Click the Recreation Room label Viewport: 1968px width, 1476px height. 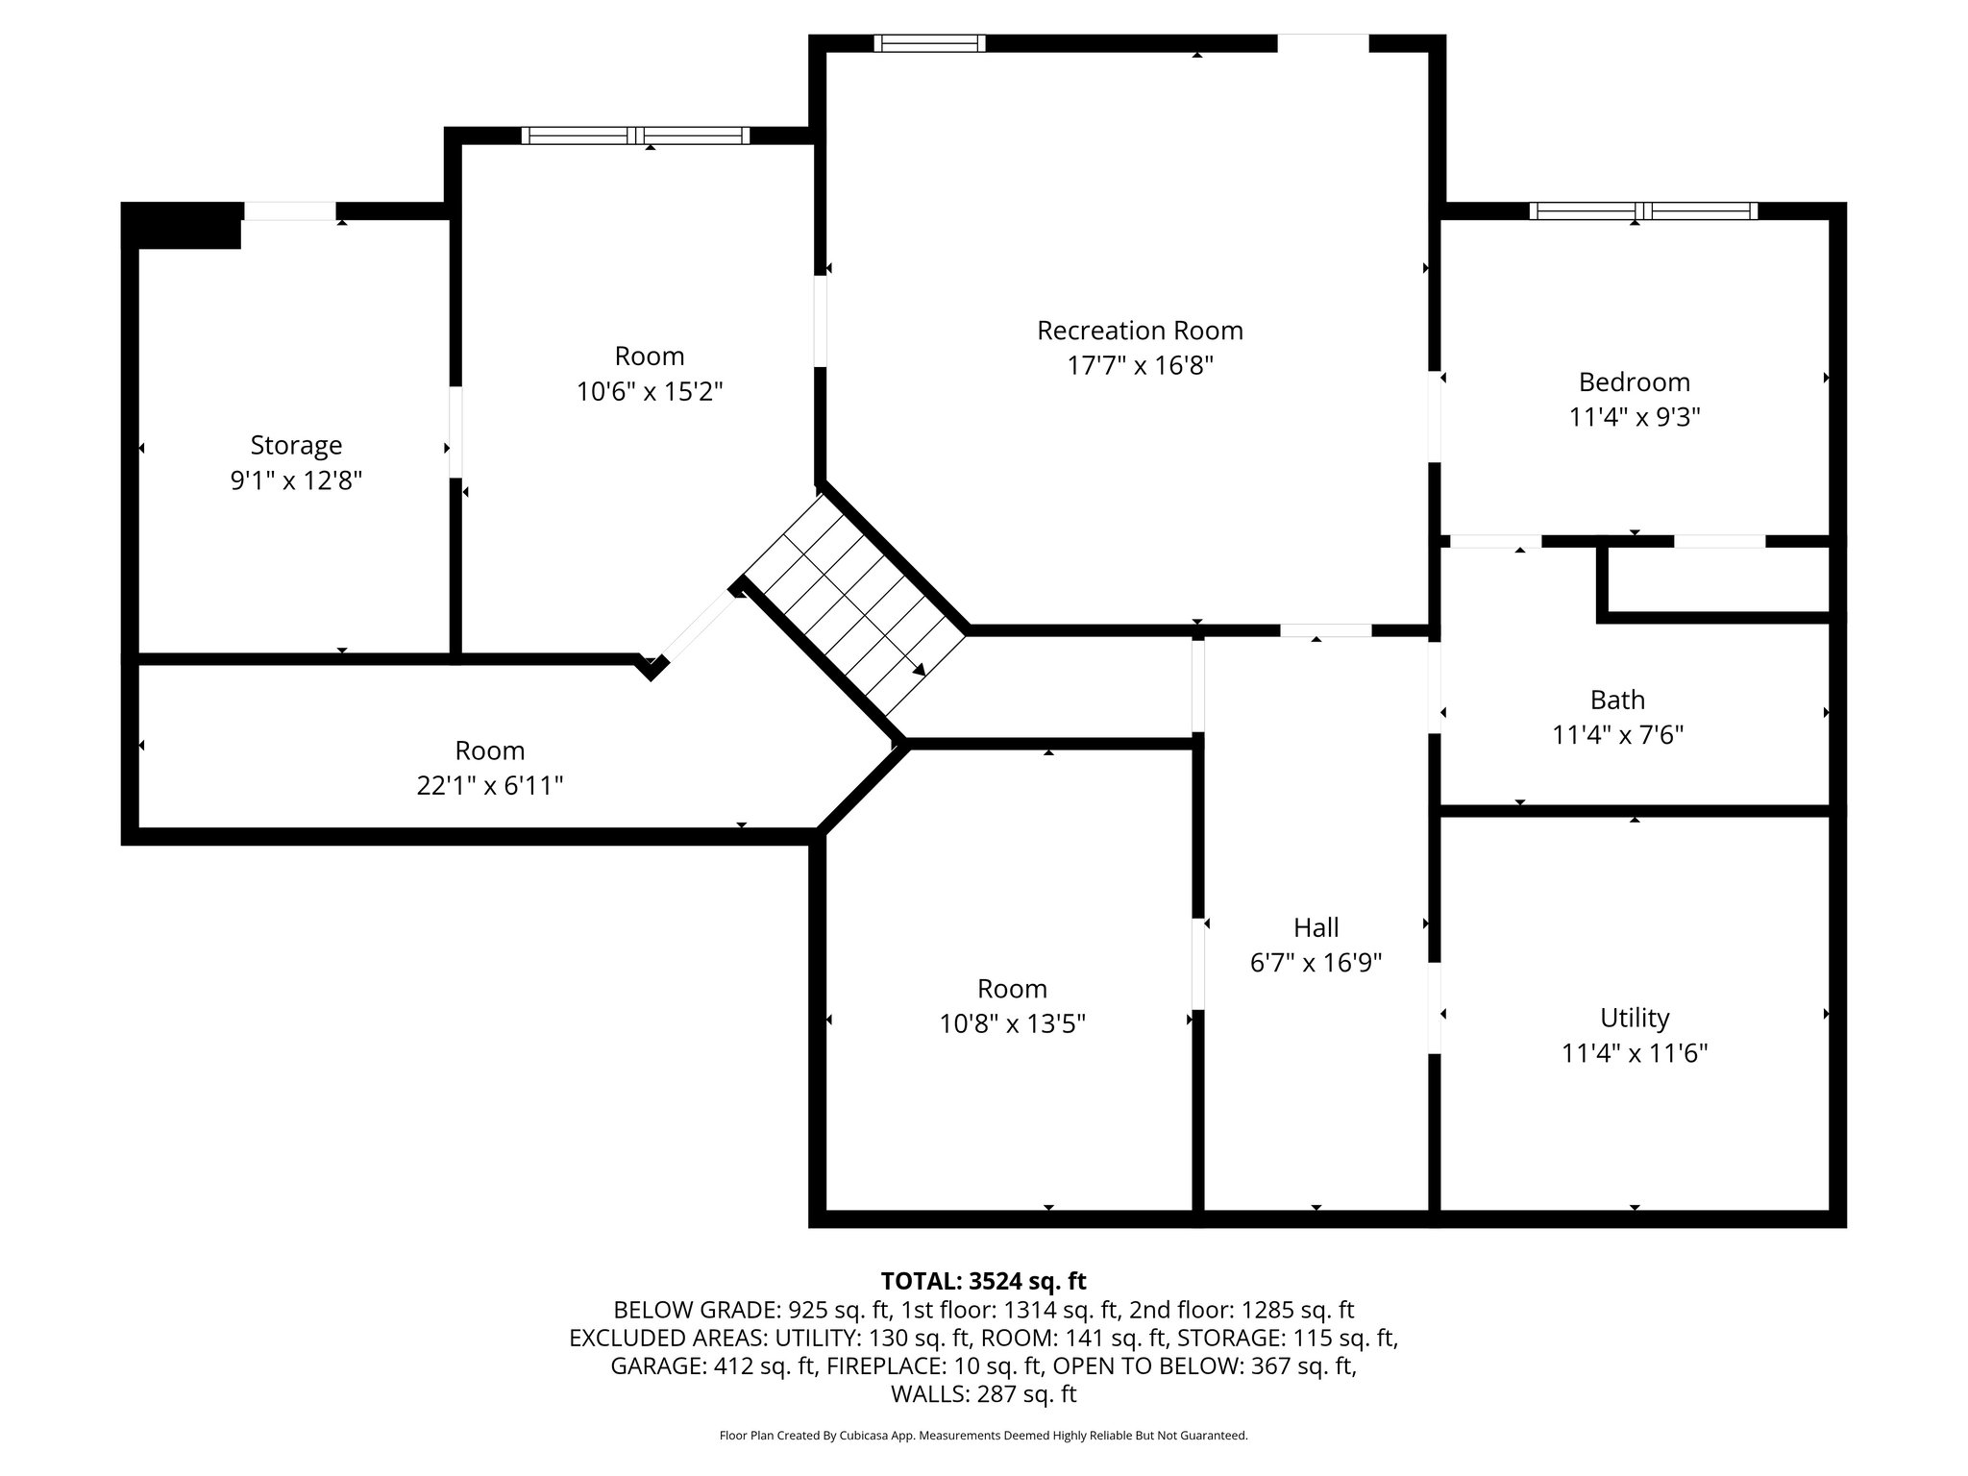click(1140, 331)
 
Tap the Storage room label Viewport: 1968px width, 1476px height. click(296, 445)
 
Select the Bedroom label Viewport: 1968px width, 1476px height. click(1634, 381)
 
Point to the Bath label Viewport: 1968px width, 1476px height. click(1617, 700)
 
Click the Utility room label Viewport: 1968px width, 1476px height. click(1635, 1018)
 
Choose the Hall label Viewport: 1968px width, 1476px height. click(1316, 927)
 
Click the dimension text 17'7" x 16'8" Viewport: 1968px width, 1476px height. click(1140, 366)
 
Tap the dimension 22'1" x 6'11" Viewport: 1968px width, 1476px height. click(489, 786)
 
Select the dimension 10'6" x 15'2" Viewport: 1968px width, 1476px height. click(650, 392)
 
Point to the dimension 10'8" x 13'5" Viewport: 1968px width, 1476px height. click(1013, 1024)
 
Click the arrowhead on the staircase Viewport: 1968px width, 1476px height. click(920, 670)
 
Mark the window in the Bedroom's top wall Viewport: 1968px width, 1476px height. click(1643, 211)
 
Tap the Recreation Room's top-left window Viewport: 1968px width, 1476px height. click(929, 43)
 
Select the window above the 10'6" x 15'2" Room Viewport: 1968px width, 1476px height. click(635, 135)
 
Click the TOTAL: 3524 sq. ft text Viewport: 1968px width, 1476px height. click(983, 1281)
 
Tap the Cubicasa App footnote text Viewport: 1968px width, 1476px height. click(983, 1436)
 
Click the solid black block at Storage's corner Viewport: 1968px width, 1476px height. click(182, 226)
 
